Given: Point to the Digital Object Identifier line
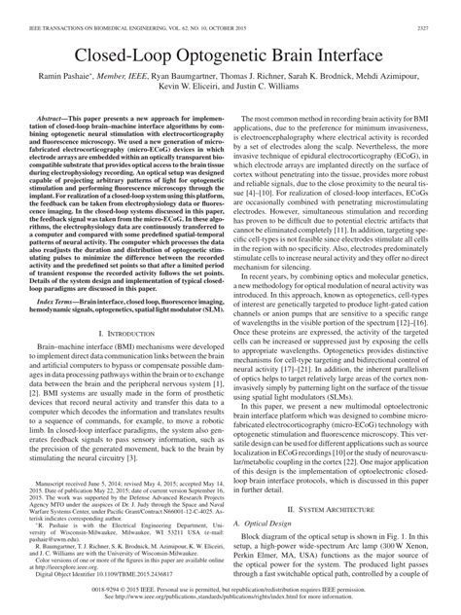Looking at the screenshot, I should [97, 575].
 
